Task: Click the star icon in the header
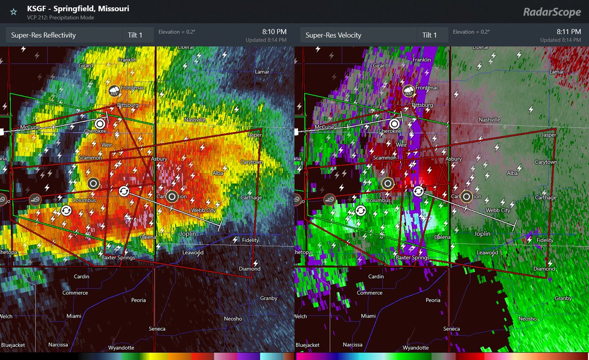[x=13, y=11]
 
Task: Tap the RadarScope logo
[x=552, y=11]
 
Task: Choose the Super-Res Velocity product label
[x=333, y=35]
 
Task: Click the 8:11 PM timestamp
[x=568, y=32]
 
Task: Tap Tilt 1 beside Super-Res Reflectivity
[x=136, y=35]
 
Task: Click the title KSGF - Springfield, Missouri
[x=78, y=9]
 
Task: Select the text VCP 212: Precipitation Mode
[x=60, y=18]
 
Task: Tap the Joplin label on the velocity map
[x=482, y=234]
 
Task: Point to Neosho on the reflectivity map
[x=233, y=319]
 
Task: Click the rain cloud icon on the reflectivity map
[x=114, y=91]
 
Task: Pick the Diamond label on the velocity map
[x=544, y=269]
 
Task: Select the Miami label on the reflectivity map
[x=74, y=316]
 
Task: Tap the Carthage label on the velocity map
[x=545, y=198]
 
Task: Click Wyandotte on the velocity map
[x=415, y=348]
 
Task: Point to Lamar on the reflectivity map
[x=262, y=72]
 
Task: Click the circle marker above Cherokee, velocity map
[x=395, y=124]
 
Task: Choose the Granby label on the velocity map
[x=563, y=298]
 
